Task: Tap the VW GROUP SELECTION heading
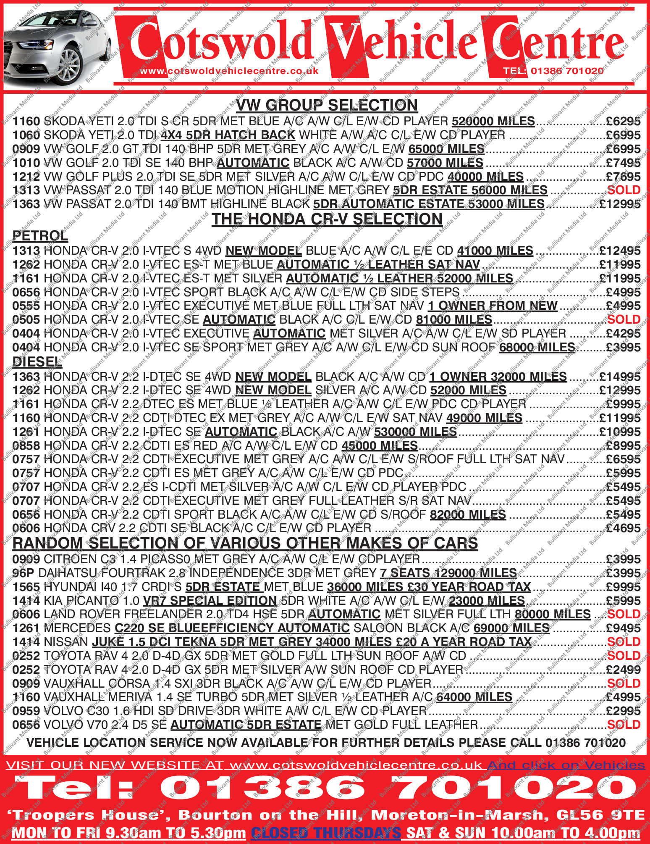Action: click(x=327, y=105)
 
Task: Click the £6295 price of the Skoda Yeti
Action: click(x=623, y=121)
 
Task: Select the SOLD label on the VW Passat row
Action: click(x=624, y=190)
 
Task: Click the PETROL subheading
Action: click(x=40, y=236)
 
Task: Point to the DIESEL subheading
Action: click(x=37, y=362)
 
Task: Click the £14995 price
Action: click(x=620, y=377)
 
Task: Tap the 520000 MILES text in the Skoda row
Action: click(x=493, y=121)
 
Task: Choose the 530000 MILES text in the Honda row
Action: click(x=415, y=432)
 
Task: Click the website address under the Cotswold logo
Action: click(x=229, y=71)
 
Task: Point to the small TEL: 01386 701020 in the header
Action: click(x=553, y=71)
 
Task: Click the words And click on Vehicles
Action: click(x=566, y=765)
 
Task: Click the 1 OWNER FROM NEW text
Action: click(x=493, y=306)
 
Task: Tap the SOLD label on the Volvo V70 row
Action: click(x=624, y=725)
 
